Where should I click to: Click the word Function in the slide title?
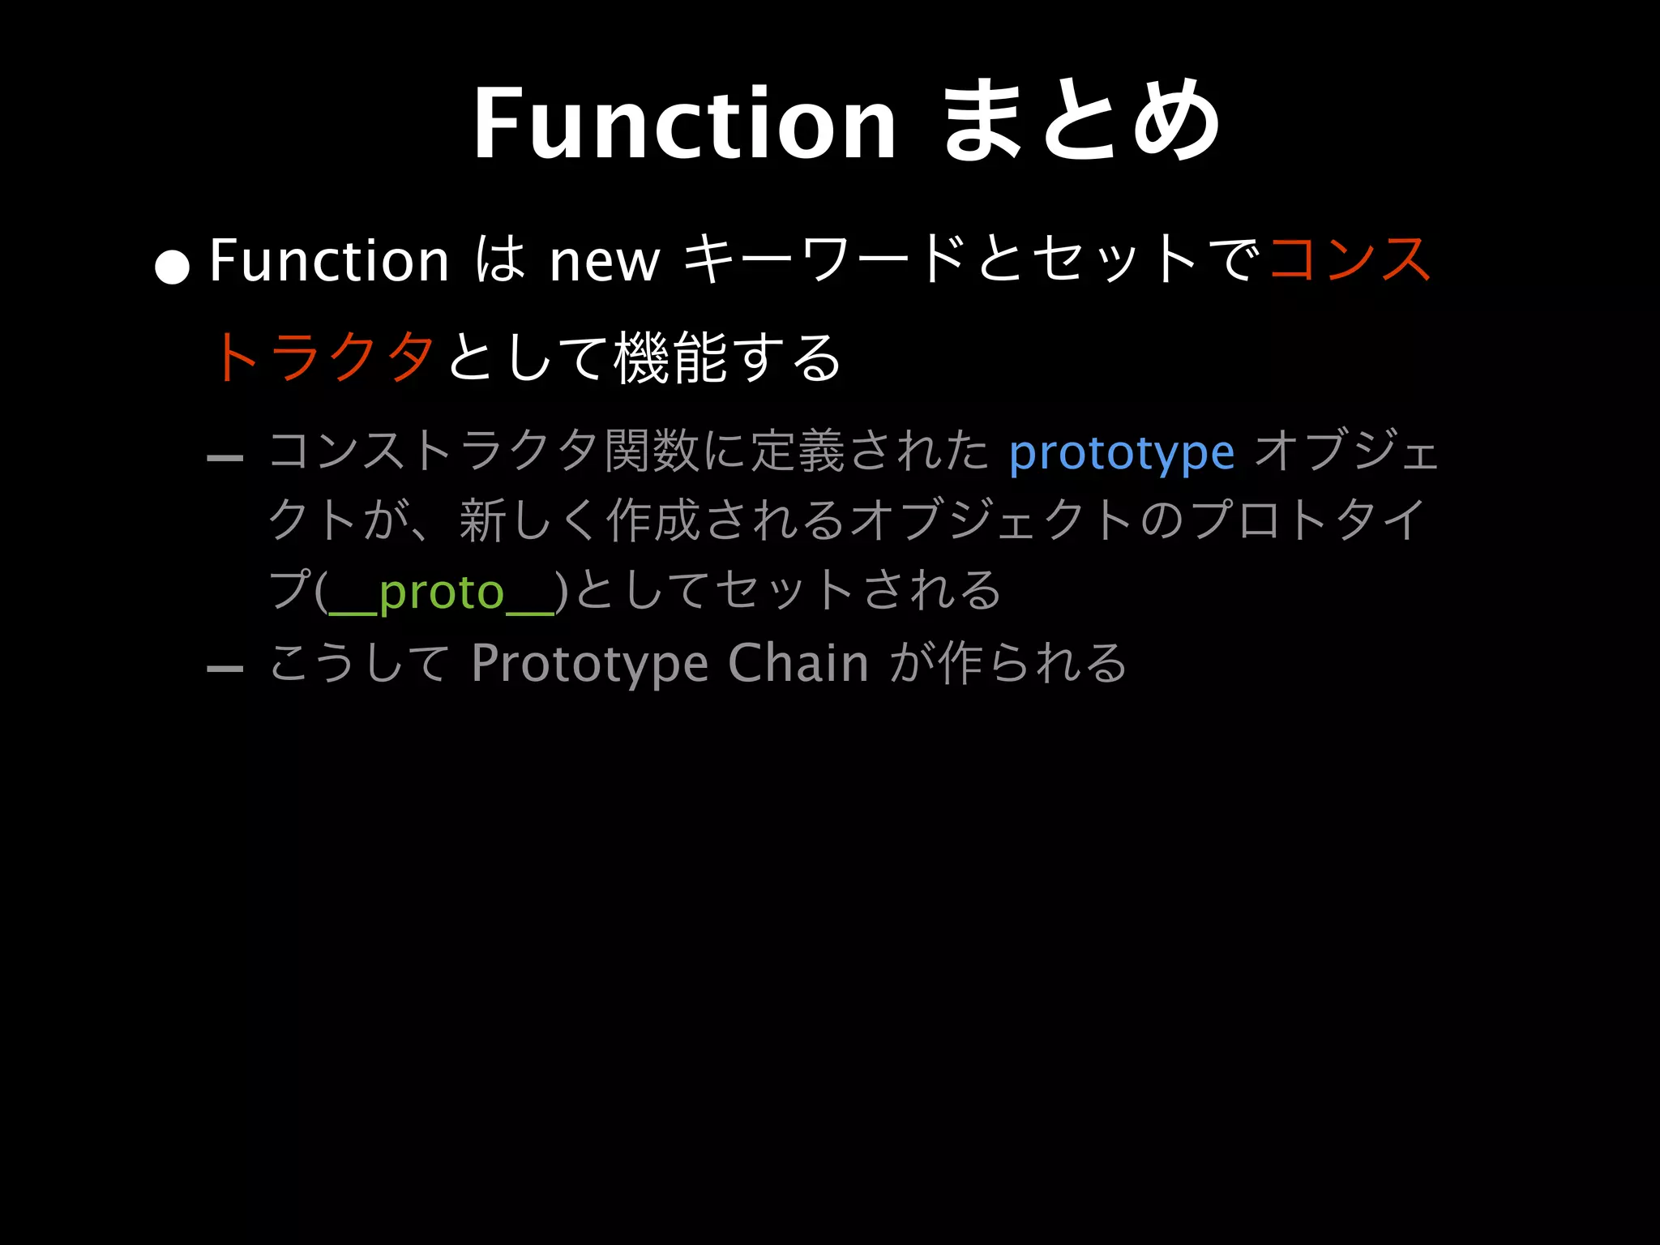click(685, 124)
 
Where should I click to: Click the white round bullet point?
click(172, 267)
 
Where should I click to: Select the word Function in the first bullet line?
click(329, 260)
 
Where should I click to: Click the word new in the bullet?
click(605, 261)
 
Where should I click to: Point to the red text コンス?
click(1350, 259)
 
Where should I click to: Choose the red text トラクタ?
click(323, 357)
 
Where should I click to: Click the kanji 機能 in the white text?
click(670, 357)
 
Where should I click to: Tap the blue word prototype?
click(1122, 452)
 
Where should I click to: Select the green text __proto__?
click(441, 592)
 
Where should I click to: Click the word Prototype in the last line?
click(591, 663)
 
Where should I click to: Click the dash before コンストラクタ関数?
click(225, 458)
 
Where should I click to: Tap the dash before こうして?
click(225, 669)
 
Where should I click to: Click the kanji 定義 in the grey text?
click(798, 451)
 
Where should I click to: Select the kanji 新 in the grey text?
click(484, 520)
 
